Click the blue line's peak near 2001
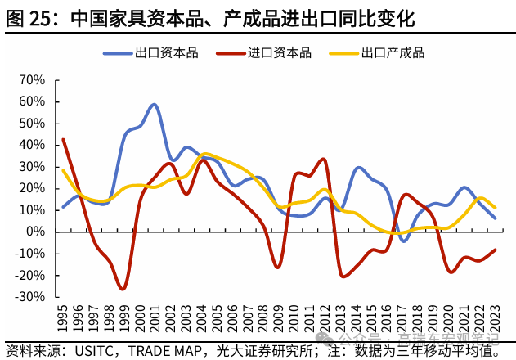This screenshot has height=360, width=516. [155, 105]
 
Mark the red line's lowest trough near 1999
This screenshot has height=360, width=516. [123, 289]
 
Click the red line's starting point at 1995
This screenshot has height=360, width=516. [63, 139]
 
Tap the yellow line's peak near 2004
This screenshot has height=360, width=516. [204, 154]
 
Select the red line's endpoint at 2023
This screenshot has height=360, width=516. [495, 250]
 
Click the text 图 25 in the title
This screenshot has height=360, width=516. [29, 16]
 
